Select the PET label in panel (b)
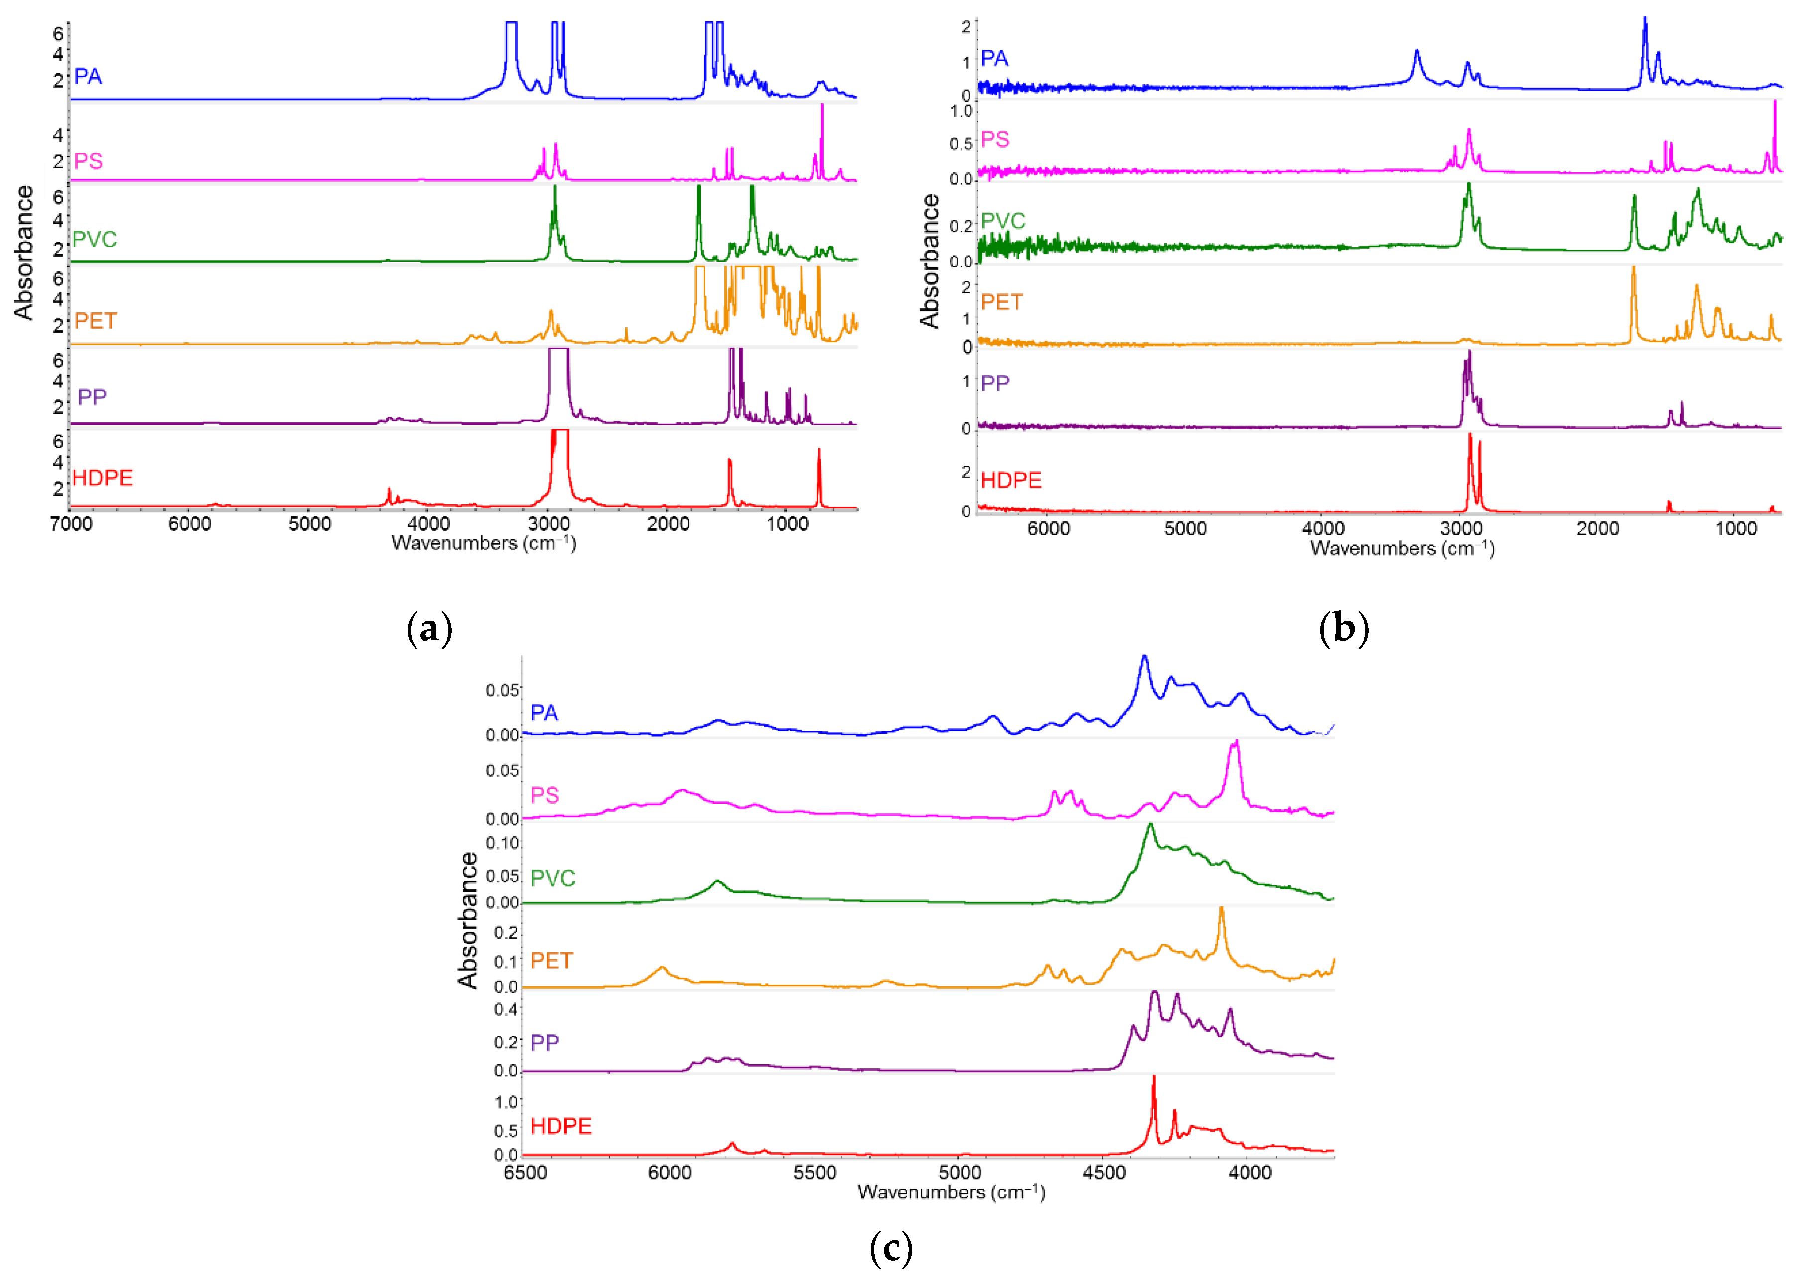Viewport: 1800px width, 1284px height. point(1001,302)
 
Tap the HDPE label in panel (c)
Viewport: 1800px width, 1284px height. point(560,1126)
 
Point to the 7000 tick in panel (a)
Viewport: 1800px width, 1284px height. point(71,524)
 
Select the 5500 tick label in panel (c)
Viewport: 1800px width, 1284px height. point(815,1172)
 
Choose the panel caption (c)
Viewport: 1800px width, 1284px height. point(890,1249)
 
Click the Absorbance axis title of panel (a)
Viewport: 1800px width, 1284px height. point(24,253)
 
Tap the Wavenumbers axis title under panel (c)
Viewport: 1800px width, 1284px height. point(952,1192)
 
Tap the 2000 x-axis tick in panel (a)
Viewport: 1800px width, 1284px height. point(668,524)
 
